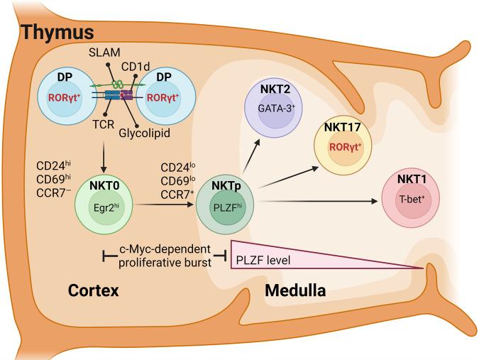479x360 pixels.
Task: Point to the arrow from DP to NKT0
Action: tap(104, 153)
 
